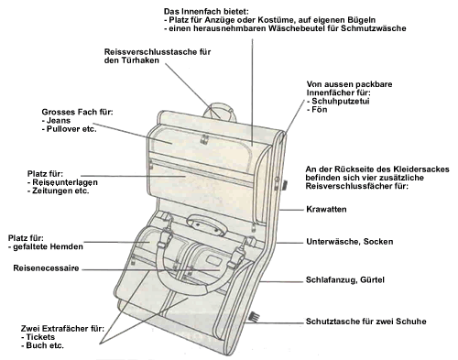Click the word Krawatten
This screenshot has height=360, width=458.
click(326, 210)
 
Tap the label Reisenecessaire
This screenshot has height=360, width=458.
click(46, 268)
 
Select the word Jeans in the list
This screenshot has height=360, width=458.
click(59, 121)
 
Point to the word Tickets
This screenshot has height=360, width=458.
click(40, 337)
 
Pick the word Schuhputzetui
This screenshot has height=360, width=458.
click(341, 101)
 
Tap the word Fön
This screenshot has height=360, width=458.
click(320, 110)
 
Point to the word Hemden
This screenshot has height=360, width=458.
click(67, 246)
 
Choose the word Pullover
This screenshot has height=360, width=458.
click(63, 129)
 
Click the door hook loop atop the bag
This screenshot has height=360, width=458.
click(220, 106)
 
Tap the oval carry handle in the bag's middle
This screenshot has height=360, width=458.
click(207, 225)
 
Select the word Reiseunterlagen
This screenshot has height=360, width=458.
click(65, 182)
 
